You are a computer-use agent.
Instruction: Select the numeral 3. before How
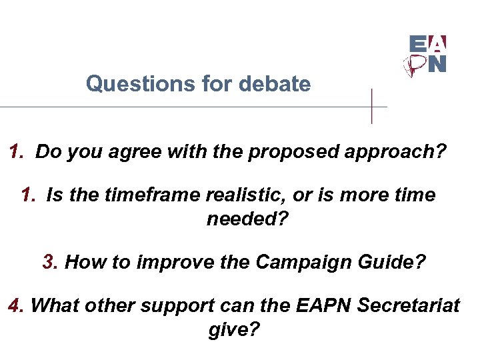pos(51,261)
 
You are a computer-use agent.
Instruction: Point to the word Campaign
pos(291,261)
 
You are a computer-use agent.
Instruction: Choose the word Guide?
pos(394,261)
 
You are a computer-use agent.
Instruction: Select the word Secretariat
pos(409,305)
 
